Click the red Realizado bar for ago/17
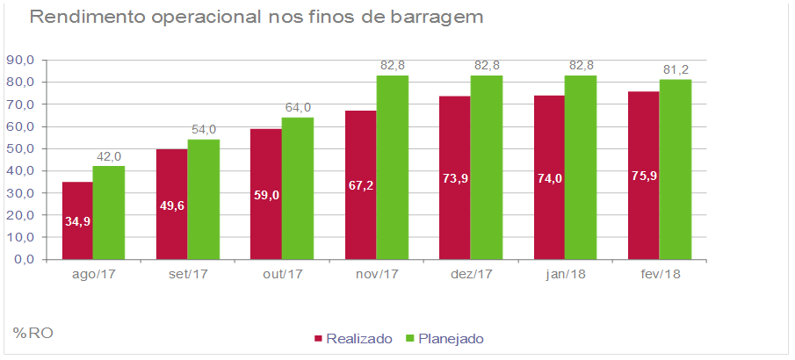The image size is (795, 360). (x=76, y=220)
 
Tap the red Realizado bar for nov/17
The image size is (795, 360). (x=360, y=185)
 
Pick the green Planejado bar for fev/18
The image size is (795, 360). (x=675, y=169)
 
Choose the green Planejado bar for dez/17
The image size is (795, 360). (x=486, y=168)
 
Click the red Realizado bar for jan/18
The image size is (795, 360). (x=548, y=177)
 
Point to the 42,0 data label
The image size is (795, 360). (x=109, y=156)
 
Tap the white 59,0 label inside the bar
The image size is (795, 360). (x=266, y=195)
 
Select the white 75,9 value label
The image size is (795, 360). (x=644, y=176)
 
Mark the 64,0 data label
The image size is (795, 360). (x=298, y=107)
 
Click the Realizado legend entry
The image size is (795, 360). (x=352, y=338)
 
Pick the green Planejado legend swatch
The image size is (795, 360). (x=409, y=338)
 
